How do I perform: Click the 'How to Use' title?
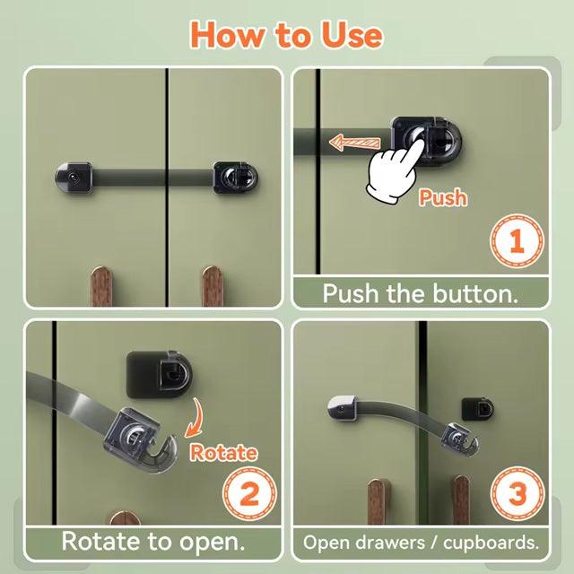[286, 34]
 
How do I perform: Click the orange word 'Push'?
[442, 196]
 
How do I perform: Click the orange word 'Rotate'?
[222, 452]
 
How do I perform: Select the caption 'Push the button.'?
[421, 293]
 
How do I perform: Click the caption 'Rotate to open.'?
[152, 542]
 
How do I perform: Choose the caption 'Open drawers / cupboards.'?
[421, 543]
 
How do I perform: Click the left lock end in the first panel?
[73, 177]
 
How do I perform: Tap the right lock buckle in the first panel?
[231, 177]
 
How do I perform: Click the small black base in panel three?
[476, 410]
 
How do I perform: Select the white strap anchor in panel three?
[343, 407]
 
